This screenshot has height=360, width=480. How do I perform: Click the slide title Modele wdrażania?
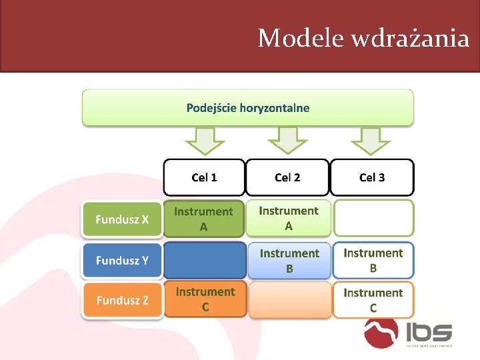(363, 39)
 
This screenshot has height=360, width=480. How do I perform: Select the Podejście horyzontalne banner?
(247, 108)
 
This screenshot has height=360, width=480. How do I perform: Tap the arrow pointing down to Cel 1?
(204, 140)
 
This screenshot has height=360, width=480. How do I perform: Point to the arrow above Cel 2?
(287, 140)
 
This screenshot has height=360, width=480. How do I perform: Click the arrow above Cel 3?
(371, 140)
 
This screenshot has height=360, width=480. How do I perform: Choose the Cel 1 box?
(204, 177)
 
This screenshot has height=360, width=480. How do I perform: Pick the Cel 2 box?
(287, 177)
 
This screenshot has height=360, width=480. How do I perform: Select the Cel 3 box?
(372, 177)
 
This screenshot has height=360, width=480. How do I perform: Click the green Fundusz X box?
(122, 219)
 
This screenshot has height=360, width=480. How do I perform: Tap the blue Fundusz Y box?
(122, 261)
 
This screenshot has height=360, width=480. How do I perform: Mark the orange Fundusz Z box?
(122, 300)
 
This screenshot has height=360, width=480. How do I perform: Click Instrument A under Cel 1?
(204, 219)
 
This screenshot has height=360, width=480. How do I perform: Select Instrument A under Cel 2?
(288, 218)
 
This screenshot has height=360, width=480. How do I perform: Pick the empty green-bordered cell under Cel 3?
(373, 218)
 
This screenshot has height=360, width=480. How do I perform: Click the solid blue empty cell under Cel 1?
(204, 260)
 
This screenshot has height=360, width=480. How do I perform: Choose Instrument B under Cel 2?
(289, 261)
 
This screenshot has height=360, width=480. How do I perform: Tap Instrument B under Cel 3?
(373, 260)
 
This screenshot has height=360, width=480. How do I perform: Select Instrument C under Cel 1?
(205, 299)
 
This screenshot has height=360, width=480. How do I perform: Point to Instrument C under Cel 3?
(373, 300)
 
